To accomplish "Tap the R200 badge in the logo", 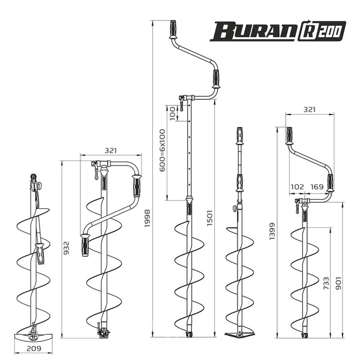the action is click(322, 31).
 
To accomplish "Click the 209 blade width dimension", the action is click(34, 349).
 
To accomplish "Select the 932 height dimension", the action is click(66, 248).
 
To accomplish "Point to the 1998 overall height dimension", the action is click(147, 218).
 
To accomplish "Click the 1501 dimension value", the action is click(209, 218).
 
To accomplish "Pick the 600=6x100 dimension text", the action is click(163, 151).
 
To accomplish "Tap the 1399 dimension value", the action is click(272, 231).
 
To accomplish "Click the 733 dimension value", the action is click(326, 283).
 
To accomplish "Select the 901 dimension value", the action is click(338, 283).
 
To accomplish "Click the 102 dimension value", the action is click(298, 187).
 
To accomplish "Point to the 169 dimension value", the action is click(317, 187).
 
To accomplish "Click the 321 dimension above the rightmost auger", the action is click(310, 110).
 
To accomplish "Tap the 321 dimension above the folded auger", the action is click(110, 151).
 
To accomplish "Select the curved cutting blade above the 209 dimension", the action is click(34, 337).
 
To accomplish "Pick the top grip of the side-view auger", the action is click(239, 136).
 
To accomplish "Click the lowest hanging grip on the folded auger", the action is click(85, 245).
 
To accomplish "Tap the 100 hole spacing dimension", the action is click(172, 113).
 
